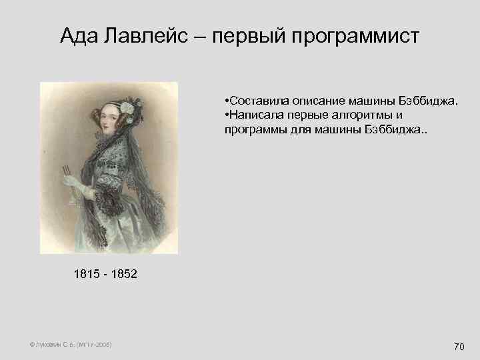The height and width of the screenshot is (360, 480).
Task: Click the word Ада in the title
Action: tap(79, 36)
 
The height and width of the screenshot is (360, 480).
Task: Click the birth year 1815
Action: tap(88, 274)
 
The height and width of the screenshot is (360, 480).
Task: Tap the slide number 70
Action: tap(459, 346)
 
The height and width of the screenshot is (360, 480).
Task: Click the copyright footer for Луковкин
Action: tap(71, 344)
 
